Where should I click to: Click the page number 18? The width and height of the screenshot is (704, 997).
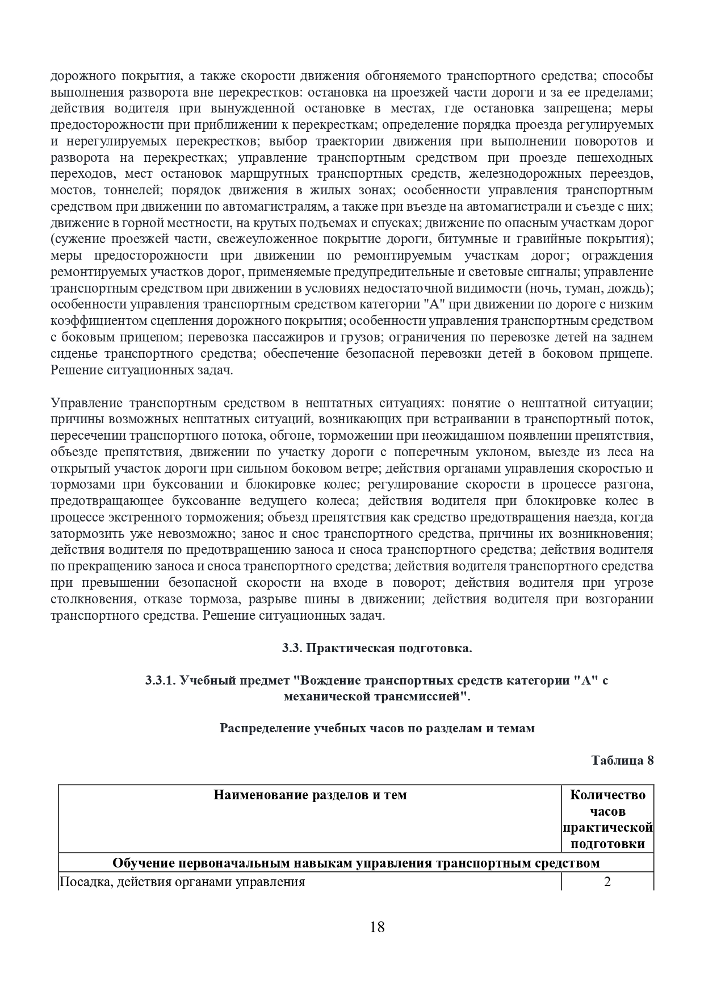point(377,927)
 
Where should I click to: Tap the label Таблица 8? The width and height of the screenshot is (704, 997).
point(622,760)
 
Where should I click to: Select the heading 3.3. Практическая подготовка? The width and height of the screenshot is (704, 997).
point(377,648)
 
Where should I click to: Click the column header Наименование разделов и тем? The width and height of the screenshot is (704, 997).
point(310,795)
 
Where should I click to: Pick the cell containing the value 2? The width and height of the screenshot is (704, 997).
point(607,882)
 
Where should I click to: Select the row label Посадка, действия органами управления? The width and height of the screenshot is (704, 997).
point(182,882)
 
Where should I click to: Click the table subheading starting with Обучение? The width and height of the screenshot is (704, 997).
point(356,863)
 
